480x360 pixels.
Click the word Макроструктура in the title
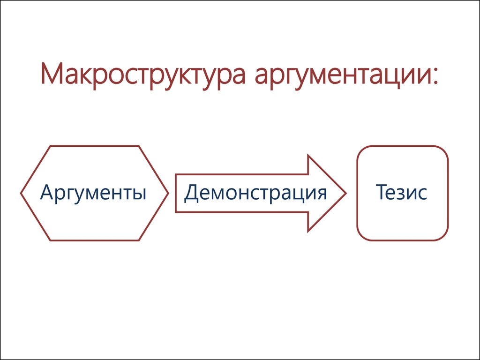143,75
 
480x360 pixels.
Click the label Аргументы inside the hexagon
93,193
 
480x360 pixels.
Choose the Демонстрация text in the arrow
255,193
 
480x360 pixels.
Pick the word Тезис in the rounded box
401,192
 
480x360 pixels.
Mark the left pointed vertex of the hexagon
21,193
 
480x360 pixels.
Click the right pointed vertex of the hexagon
168,193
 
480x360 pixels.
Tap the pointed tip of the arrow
345,193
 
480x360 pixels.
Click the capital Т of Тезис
382,192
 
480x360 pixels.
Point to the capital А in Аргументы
47,192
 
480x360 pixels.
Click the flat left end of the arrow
176,193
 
